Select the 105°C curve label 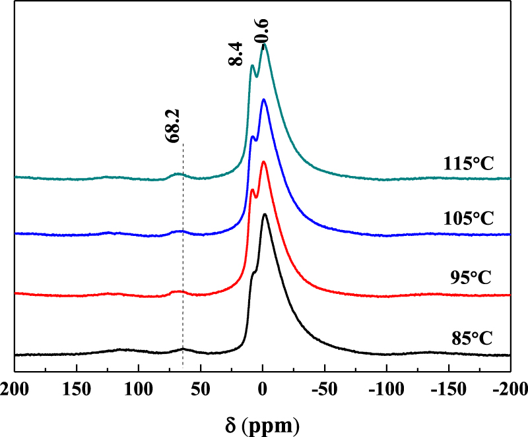[x=469, y=218]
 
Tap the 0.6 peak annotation [x=263, y=32]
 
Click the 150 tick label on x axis [x=77, y=386]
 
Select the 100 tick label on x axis [x=139, y=386]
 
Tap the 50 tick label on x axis [x=201, y=386]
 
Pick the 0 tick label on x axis [x=263, y=386]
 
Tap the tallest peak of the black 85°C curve [x=265, y=214]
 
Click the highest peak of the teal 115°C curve [x=265, y=45]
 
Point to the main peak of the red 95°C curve [x=264, y=161]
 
